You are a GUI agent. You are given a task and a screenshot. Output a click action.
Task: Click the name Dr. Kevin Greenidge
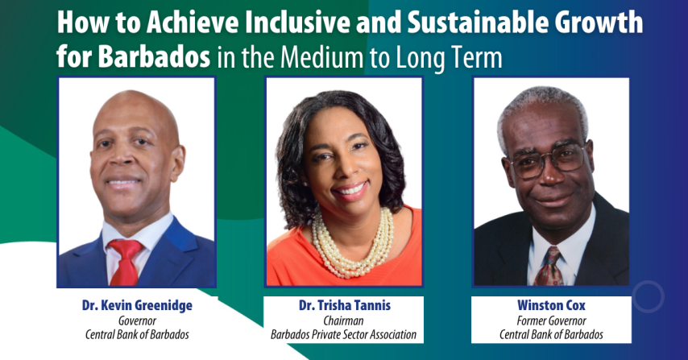[137, 306]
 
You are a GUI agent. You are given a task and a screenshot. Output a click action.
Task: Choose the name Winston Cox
[552, 306]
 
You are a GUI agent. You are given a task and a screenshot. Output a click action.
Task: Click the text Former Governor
[552, 321]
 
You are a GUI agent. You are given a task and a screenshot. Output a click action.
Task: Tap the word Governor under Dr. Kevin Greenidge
[137, 321]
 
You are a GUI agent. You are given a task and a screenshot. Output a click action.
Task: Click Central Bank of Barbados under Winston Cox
[552, 334]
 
